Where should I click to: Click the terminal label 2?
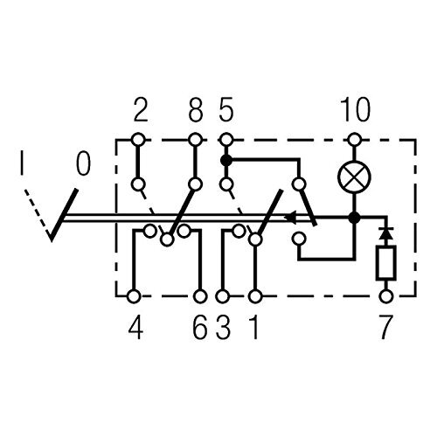(x=141, y=110)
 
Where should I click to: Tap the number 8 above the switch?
(x=196, y=110)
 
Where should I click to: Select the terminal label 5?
(x=226, y=110)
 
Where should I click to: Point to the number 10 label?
(x=356, y=110)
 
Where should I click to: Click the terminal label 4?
(x=136, y=328)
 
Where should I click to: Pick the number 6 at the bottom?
(x=200, y=328)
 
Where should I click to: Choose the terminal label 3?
(x=223, y=328)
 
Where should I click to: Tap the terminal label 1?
(x=254, y=328)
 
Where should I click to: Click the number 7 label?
(x=385, y=328)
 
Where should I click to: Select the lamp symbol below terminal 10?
(x=354, y=177)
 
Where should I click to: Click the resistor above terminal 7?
(x=386, y=263)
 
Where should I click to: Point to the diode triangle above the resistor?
(x=386, y=234)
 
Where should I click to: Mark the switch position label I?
(x=22, y=163)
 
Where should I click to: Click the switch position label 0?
(x=83, y=163)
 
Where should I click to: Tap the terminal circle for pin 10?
(x=354, y=139)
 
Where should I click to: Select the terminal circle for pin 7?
(x=386, y=296)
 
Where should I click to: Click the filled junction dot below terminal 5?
(x=226, y=160)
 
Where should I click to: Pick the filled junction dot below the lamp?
(x=354, y=218)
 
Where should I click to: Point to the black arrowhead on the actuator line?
(x=290, y=218)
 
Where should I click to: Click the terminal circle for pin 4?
(x=135, y=296)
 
